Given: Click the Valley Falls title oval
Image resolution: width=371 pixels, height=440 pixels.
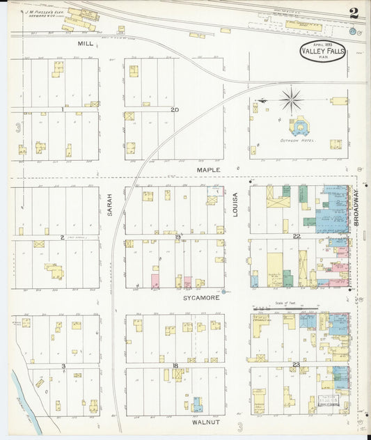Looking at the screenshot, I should pyautogui.click(x=322, y=52).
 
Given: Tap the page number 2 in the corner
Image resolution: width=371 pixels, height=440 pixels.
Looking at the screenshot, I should pyautogui.click(x=354, y=13).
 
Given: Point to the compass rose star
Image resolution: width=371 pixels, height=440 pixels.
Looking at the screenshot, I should pyautogui.click(x=291, y=99).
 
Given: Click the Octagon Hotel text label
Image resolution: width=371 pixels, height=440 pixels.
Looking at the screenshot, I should pyautogui.click(x=297, y=140).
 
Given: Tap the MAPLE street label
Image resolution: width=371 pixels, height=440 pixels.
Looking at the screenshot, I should pyautogui.click(x=207, y=169).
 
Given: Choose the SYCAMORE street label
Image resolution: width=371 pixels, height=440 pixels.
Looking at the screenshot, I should pyautogui.click(x=202, y=297).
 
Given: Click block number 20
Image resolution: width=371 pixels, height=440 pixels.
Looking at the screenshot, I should pyautogui.click(x=175, y=109).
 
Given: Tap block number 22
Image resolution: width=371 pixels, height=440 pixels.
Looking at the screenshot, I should pyautogui.click(x=296, y=237).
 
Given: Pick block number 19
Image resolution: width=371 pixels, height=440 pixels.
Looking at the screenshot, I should pyautogui.click(x=177, y=237).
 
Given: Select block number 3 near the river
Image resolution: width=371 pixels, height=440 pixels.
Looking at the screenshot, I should pyautogui.click(x=63, y=366).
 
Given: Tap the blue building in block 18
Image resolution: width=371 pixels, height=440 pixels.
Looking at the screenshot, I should pyautogui.click(x=197, y=404).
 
